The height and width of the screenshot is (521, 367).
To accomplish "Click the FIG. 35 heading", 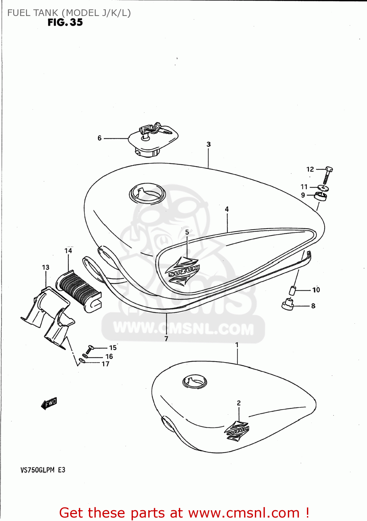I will tap(65, 23).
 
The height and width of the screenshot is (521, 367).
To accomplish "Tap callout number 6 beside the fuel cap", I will tap(100, 138).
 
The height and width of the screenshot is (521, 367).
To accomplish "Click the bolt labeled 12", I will tap(327, 175).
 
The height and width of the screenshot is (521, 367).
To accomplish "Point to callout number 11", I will tap(304, 187).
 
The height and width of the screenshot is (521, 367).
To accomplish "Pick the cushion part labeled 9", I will tap(321, 197).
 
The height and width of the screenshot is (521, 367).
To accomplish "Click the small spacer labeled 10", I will tap(293, 290).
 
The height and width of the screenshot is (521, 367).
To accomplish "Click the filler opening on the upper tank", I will tap(147, 193).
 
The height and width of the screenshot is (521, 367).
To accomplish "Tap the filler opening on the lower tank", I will tap(194, 382).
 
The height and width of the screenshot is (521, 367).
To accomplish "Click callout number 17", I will tap(106, 364).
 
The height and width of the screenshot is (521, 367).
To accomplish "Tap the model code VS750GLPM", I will tap(37, 470).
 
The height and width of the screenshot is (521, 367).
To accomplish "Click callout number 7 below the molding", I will tap(166, 339).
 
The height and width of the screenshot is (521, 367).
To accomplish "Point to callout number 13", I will tap(45, 267).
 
